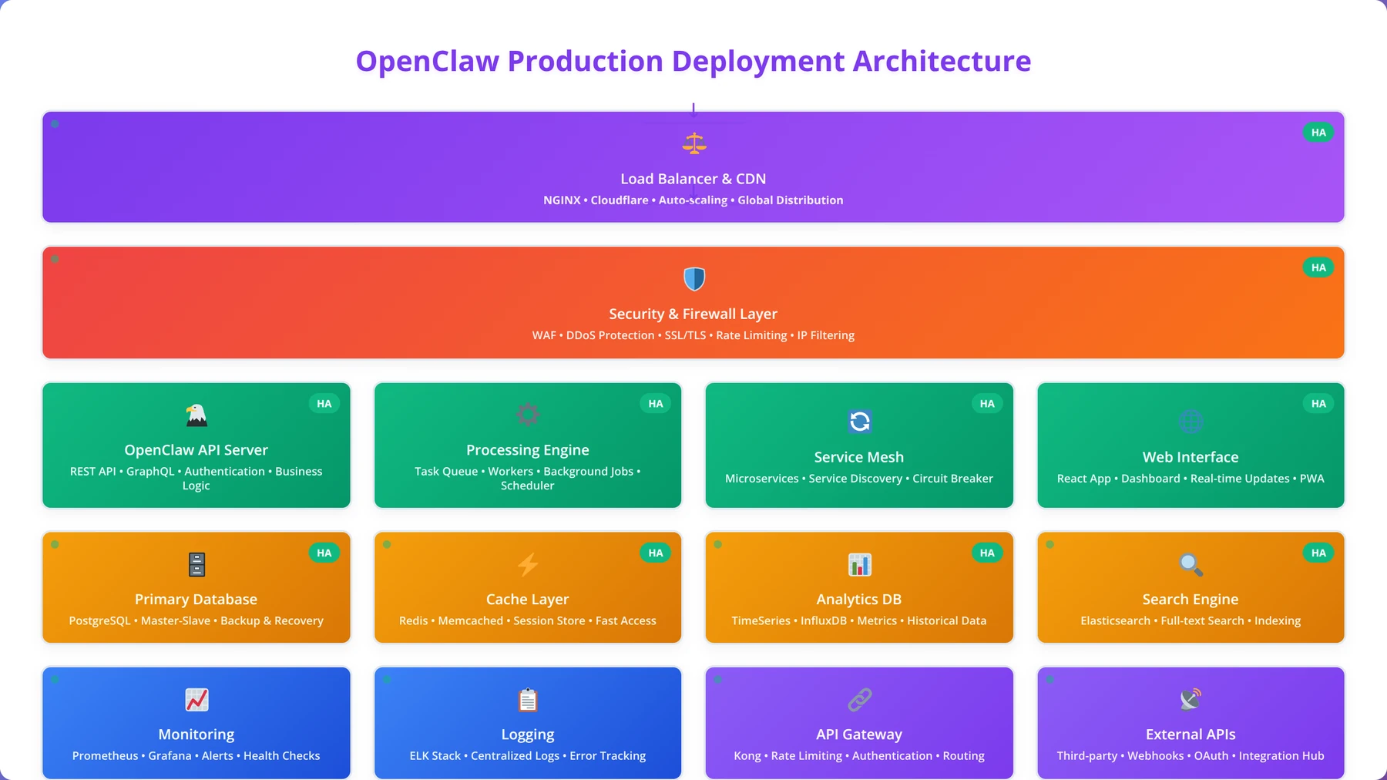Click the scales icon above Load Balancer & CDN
(x=694, y=143)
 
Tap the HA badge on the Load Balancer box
(x=1318, y=133)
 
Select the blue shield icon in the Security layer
(x=694, y=279)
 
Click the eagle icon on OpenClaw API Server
(x=196, y=415)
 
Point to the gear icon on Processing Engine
(x=528, y=415)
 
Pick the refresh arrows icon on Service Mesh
(x=859, y=422)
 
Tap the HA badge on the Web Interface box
(x=1318, y=403)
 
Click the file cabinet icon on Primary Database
(x=196, y=564)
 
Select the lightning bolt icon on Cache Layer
(x=528, y=564)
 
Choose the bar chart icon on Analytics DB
(x=859, y=564)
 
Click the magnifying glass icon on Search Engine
(x=1191, y=564)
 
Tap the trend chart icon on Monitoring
(x=196, y=700)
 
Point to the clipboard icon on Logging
(x=528, y=700)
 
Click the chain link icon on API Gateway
(x=859, y=700)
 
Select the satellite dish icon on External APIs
(x=1191, y=700)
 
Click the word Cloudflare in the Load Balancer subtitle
(x=620, y=200)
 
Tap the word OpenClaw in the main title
(x=428, y=61)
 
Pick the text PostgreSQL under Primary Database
(x=99, y=621)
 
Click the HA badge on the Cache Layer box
(x=656, y=553)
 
